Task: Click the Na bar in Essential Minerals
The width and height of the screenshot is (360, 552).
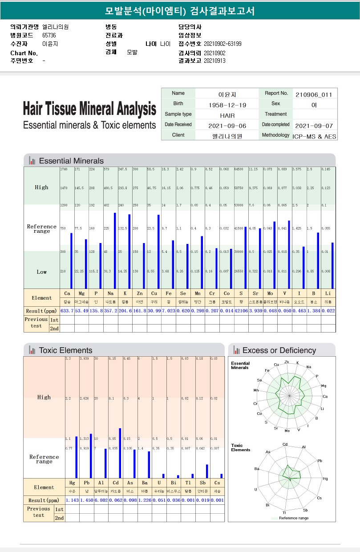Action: [115, 251]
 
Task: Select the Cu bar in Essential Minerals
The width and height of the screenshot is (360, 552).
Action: [158, 252]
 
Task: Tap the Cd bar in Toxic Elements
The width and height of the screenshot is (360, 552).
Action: [120, 453]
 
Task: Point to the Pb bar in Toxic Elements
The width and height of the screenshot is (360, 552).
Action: [91, 456]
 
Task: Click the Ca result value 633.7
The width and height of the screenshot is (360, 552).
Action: [67, 311]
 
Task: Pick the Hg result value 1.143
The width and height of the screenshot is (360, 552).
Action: [72, 500]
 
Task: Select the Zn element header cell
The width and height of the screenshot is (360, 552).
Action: [139, 293]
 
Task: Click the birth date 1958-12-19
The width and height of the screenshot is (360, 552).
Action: [227, 105]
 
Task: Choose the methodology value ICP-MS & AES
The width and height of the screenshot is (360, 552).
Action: [314, 136]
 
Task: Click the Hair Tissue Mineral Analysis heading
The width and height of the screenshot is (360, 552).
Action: [89, 109]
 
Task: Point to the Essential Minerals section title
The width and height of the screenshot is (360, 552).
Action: [71, 161]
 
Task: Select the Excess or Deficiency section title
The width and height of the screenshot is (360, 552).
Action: [279, 350]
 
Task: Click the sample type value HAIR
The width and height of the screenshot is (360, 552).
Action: [227, 115]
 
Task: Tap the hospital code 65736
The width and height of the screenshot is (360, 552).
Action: [49, 35]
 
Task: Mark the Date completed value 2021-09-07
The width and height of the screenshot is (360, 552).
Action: [314, 126]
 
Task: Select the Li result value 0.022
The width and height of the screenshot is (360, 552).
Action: [328, 311]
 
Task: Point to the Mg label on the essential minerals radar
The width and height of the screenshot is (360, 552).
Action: [324, 386]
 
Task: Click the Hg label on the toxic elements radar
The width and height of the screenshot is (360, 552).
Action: [325, 479]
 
